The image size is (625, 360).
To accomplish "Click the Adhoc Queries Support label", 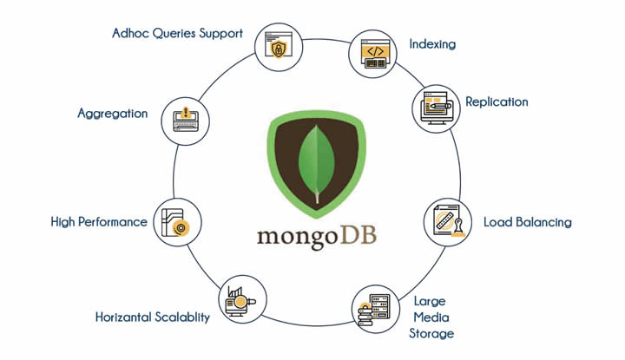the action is tap(177, 34).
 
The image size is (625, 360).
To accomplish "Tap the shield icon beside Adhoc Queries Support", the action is tap(279, 45).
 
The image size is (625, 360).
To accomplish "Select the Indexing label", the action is tap(432, 43).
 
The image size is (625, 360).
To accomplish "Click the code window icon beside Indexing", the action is tap(373, 54).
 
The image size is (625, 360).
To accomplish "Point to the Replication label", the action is tap(497, 101).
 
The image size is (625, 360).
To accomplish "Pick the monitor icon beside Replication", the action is tap(436, 108).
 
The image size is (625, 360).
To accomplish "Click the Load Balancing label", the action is tap(528, 222).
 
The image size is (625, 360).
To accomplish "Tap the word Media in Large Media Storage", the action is tap(431, 317).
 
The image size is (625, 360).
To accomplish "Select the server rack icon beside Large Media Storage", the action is tap(375, 311).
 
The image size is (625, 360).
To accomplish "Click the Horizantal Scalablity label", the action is tap(152, 317).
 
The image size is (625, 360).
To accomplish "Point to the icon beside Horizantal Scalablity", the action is tap(240, 301).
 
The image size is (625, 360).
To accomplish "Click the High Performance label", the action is tap(99, 222).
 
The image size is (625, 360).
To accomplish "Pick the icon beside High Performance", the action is tap(175, 223).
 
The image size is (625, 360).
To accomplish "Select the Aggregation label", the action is tap(112, 114).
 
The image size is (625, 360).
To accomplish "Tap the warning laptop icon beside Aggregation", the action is tap(186, 120).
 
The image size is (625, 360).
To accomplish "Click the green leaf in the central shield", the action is tap(317, 164).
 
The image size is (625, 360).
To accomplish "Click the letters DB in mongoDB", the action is tap(358, 236).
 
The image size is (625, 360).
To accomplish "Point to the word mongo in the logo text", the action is tap(298, 239).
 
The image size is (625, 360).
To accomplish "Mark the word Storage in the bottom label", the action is tap(431, 334).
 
